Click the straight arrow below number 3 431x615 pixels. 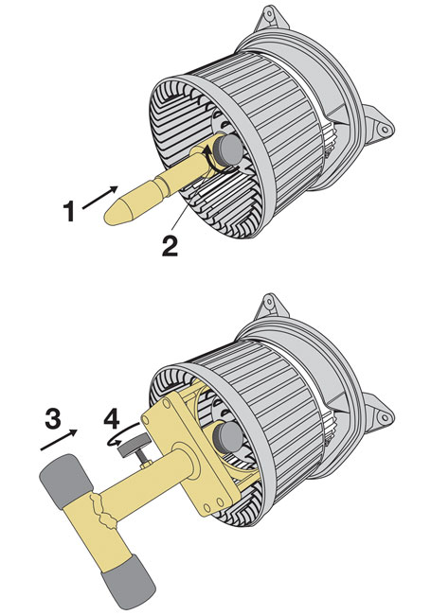coord(61,438)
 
